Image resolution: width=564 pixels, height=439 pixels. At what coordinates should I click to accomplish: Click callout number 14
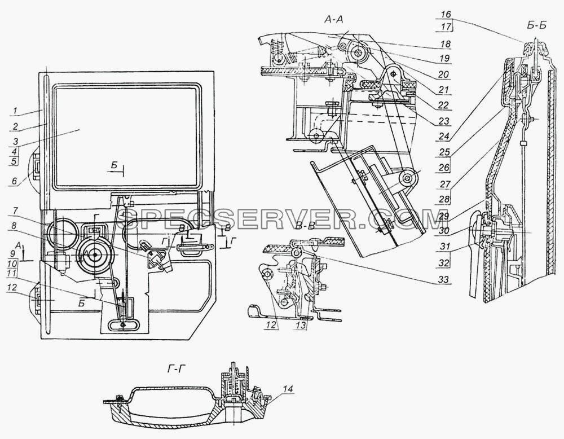point(290,389)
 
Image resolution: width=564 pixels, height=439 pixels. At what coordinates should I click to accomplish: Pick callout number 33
point(444,279)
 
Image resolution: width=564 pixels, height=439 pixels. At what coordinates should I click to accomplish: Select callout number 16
point(446,15)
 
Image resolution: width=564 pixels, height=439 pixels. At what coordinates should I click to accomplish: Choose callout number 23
point(444,121)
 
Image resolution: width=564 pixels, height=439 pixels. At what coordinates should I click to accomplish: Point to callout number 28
point(444,199)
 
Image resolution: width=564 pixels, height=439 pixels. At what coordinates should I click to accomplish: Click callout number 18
point(445,44)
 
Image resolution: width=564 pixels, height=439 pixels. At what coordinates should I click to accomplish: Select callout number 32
point(444,263)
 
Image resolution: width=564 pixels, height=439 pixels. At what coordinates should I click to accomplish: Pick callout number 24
point(444,137)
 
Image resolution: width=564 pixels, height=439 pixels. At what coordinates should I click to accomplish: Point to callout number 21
point(444,89)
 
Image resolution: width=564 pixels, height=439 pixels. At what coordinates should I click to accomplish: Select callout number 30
point(444,231)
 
